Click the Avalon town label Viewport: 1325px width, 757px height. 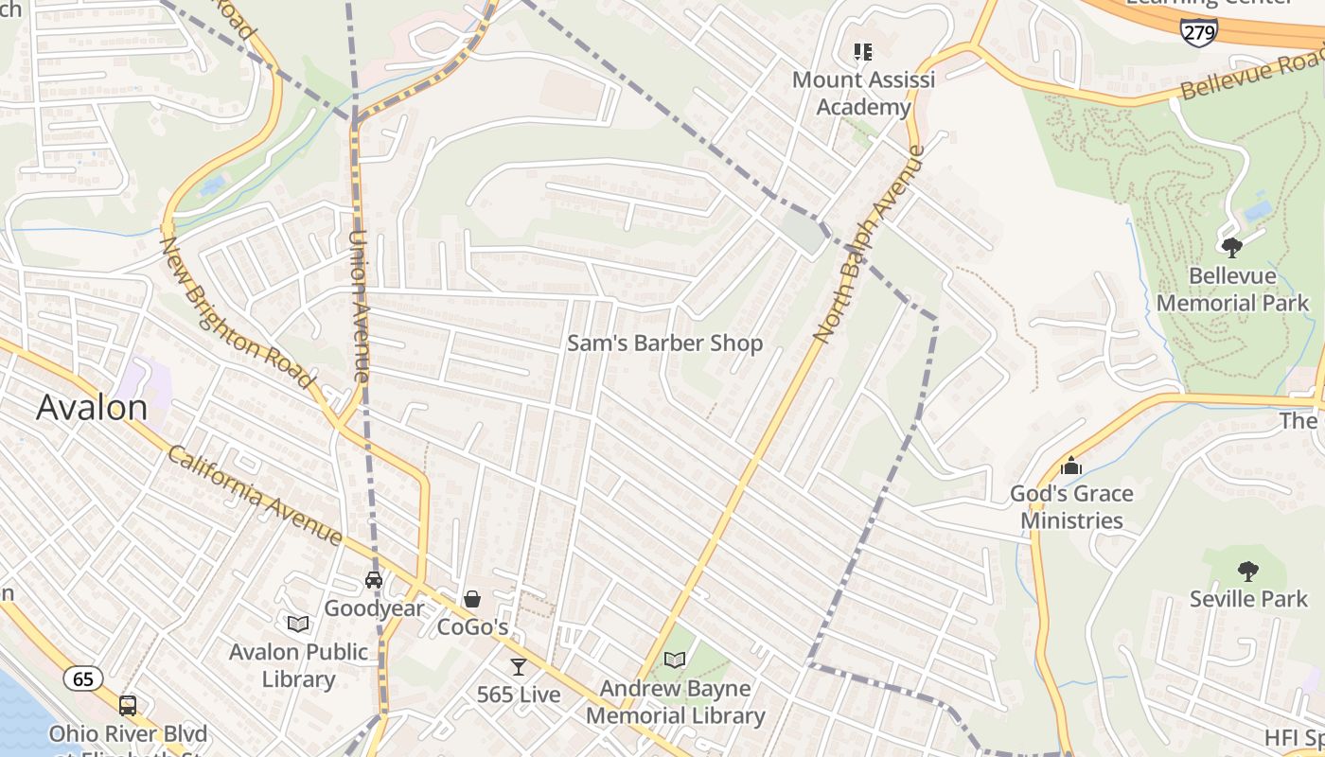coord(92,407)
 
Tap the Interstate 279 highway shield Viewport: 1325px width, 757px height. coord(1198,31)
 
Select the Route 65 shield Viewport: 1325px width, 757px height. coord(83,678)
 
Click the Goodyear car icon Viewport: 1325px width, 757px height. coord(374,579)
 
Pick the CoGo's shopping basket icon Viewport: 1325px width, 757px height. coord(471,599)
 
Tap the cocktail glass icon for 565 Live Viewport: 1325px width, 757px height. coord(518,666)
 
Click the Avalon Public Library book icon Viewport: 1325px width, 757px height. coord(298,624)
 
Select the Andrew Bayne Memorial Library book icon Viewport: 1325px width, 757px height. coord(675,660)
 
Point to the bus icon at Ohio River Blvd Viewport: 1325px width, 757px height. coord(127,705)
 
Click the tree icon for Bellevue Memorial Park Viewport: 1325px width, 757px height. coord(1231,248)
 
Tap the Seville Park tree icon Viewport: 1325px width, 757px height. coord(1248,571)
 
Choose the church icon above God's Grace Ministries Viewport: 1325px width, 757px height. coord(1071,466)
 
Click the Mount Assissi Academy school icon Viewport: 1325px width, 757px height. coord(862,51)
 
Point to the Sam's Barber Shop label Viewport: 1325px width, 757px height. coord(664,343)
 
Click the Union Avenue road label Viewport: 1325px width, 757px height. coord(359,307)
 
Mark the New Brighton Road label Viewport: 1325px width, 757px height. coord(237,312)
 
